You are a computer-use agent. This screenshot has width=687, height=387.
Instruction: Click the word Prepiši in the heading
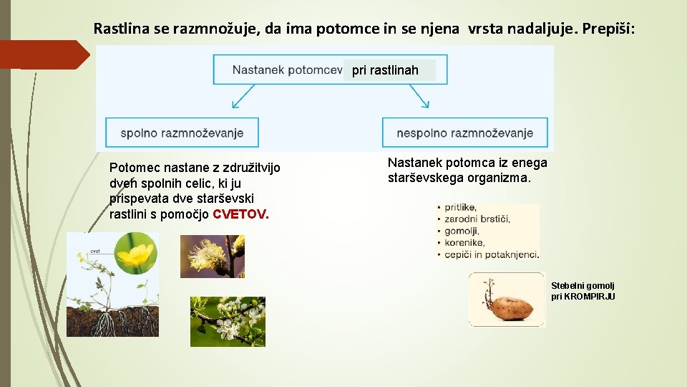pyautogui.click(x=608, y=29)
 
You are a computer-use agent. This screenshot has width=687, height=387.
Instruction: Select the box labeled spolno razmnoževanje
pyautogui.click(x=182, y=133)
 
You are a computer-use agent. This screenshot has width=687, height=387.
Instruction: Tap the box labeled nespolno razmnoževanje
pyautogui.click(x=464, y=133)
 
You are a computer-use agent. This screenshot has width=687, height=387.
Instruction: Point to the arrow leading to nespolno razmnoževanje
pyautogui.click(x=419, y=96)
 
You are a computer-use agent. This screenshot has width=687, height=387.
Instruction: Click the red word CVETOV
pyautogui.click(x=240, y=214)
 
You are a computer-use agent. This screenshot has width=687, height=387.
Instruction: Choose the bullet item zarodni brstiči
pyautogui.click(x=477, y=219)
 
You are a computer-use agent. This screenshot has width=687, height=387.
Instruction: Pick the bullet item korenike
pyautogui.click(x=464, y=242)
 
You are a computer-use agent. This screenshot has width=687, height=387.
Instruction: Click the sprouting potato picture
pyautogui.click(x=506, y=300)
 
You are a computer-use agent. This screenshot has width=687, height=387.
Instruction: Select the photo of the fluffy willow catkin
pyautogui.click(x=212, y=257)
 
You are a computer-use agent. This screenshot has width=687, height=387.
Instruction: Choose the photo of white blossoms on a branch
pyautogui.click(x=228, y=322)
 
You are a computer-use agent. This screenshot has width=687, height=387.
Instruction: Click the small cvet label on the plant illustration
pyautogui.click(x=94, y=252)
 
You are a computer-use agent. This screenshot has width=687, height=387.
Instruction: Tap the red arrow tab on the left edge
pyautogui.click(x=43, y=54)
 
